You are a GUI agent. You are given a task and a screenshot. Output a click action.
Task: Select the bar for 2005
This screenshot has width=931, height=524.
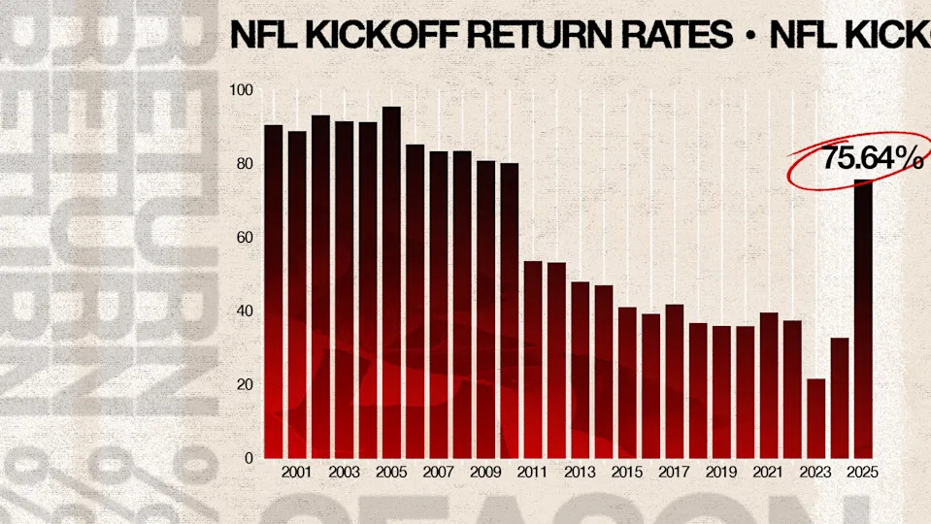pos(391,281)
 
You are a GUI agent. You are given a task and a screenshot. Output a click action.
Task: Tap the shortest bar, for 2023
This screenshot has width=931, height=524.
pos(816,417)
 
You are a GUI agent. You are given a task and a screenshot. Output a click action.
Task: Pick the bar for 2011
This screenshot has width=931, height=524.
pos(533,359)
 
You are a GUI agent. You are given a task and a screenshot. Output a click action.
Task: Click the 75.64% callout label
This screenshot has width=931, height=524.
pos(871,158)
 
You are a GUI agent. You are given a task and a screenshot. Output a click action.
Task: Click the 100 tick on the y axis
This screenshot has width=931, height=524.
pos(241,90)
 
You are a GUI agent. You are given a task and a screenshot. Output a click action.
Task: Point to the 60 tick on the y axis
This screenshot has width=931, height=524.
pos(243,238)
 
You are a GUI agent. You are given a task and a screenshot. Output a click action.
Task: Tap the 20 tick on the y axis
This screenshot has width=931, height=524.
pos(243,384)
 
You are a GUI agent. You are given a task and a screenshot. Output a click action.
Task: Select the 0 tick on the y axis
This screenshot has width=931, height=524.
pos(248,458)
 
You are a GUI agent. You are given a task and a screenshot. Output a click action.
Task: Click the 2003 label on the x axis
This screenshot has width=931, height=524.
pos(345,474)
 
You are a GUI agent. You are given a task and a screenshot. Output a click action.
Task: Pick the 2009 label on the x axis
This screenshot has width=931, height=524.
pos(485,474)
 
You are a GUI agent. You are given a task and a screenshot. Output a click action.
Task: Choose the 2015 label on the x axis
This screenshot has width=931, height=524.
pos(627,474)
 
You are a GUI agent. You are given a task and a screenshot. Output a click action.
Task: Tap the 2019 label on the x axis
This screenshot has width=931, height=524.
pos(721,474)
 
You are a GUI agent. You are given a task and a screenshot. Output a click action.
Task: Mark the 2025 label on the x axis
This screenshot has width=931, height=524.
pos(863,474)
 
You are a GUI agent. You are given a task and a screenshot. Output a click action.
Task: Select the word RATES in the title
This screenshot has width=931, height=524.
pos(678,36)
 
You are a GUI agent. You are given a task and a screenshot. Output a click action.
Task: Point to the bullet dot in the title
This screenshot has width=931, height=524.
pos(750,37)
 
